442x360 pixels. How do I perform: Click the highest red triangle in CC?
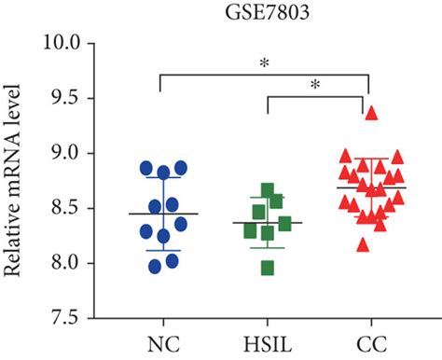pos(371,113)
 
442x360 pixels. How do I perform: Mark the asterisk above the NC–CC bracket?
pos(267,64)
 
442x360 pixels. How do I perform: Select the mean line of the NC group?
pos(163,214)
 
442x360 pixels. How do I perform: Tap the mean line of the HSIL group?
pos(267,223)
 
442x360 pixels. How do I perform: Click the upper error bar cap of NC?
pos(163,177)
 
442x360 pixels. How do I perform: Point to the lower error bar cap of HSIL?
pos(267,247)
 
